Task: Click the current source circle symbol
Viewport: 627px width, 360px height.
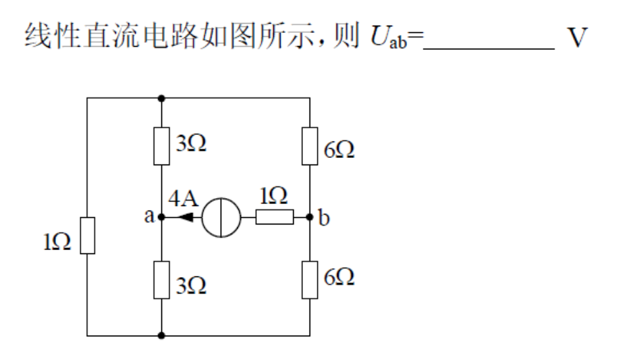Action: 221,217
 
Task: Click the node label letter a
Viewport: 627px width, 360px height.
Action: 149,217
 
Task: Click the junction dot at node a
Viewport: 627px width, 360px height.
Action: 162,217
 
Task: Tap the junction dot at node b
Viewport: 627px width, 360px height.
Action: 310,217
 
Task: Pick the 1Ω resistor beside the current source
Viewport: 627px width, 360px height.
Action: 275,217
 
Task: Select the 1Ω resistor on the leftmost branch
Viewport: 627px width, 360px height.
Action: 88,236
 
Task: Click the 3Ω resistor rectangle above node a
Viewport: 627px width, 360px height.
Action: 162,147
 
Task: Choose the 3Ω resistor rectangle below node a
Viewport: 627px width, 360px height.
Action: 162,279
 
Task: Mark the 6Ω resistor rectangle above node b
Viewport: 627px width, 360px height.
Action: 310,147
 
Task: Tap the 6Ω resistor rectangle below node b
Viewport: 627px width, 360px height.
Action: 310,279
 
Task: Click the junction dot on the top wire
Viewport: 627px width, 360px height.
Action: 162,98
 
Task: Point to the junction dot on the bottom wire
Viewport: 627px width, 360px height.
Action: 162,336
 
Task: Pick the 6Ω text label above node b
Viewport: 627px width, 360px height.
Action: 339,151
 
